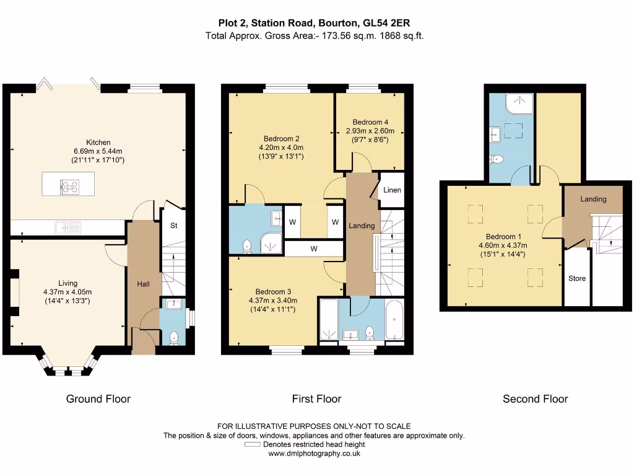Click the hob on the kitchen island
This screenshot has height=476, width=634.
point(69,187)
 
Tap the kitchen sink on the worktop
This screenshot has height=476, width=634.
point(68,227)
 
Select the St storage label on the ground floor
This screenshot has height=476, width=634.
point(174,226)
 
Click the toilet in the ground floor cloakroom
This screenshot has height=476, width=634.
point(174,338)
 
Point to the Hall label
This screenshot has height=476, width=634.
point(143,284)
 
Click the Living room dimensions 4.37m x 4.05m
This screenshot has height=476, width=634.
point(67,292)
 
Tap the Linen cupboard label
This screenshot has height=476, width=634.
point(392,190)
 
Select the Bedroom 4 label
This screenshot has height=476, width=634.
point(370,122)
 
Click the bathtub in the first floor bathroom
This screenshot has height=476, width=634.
point(394,320)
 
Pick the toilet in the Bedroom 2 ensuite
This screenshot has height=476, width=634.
point(246,246)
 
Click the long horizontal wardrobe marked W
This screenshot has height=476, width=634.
point(314,249)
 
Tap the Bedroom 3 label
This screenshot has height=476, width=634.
point(273,291)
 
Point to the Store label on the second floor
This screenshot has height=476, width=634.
point(577,278)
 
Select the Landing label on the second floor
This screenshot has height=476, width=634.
point(593,199)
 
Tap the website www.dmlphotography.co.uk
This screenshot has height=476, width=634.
point(314,453)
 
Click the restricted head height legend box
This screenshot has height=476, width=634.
point(253,444)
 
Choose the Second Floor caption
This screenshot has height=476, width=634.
point(536,399)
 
